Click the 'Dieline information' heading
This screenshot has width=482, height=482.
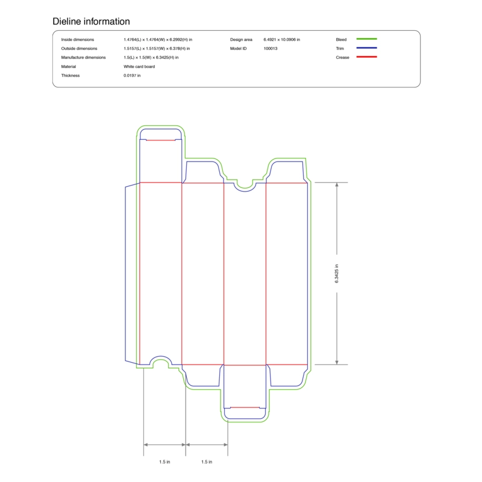tap(91, 21)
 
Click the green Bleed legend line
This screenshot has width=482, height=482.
tap(366, 39)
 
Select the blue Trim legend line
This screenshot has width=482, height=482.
tap(366, 48)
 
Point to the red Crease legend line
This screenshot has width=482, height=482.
tap(366, 57)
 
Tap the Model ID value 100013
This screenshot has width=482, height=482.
tap(270, 49)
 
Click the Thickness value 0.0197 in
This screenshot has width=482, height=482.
tap(132, 76)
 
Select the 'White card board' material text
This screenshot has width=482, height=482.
tap(139, 66)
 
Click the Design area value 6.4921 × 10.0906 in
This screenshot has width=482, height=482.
tap(281, 40)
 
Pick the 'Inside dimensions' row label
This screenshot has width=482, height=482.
tap(78, 40)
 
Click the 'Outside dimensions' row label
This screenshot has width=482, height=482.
tap(79, 49)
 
